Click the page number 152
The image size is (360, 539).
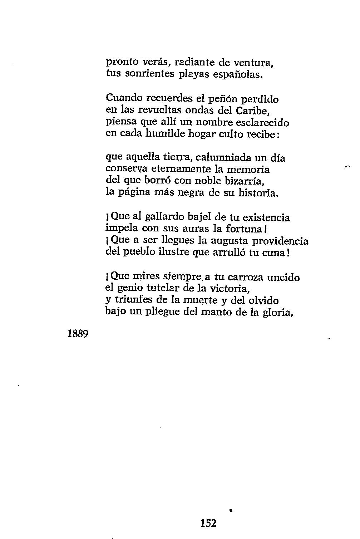click(x=208, y=523)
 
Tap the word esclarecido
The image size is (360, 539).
click(x=262, y=122)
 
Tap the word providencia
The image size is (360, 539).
click(x=280, y=240)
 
